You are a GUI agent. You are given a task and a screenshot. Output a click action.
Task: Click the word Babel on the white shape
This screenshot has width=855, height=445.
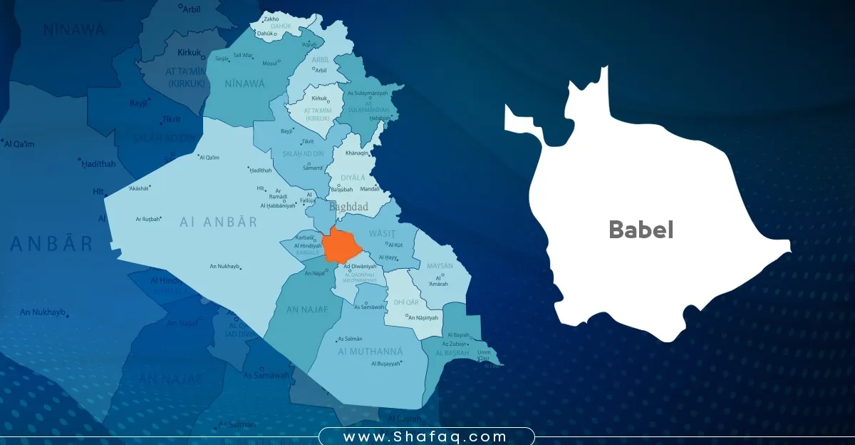[641, 230]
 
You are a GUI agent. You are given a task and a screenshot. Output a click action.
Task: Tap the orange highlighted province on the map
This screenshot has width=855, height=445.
[342, 246]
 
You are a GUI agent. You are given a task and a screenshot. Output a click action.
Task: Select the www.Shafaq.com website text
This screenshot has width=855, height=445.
[425, 436]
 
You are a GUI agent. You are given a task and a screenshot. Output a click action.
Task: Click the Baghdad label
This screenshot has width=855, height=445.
[348, 207]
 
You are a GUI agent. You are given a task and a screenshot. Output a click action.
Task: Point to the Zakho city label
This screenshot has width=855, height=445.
[271, 19]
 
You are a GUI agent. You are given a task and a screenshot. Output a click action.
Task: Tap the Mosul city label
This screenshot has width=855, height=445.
[269, 63]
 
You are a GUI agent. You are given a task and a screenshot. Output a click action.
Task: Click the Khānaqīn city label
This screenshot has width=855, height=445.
[358, 153]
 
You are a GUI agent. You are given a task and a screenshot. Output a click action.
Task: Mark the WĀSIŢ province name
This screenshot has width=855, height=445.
[381, 233]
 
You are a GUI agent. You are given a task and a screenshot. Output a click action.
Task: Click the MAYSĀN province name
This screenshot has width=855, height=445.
[439, 265]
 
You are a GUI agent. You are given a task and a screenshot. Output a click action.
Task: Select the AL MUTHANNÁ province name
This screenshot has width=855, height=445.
[370, 352]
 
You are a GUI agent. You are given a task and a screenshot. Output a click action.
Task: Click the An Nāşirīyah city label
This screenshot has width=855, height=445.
[425, 317]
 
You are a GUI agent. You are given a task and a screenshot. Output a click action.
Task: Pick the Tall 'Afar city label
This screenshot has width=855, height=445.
[243, 55]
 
